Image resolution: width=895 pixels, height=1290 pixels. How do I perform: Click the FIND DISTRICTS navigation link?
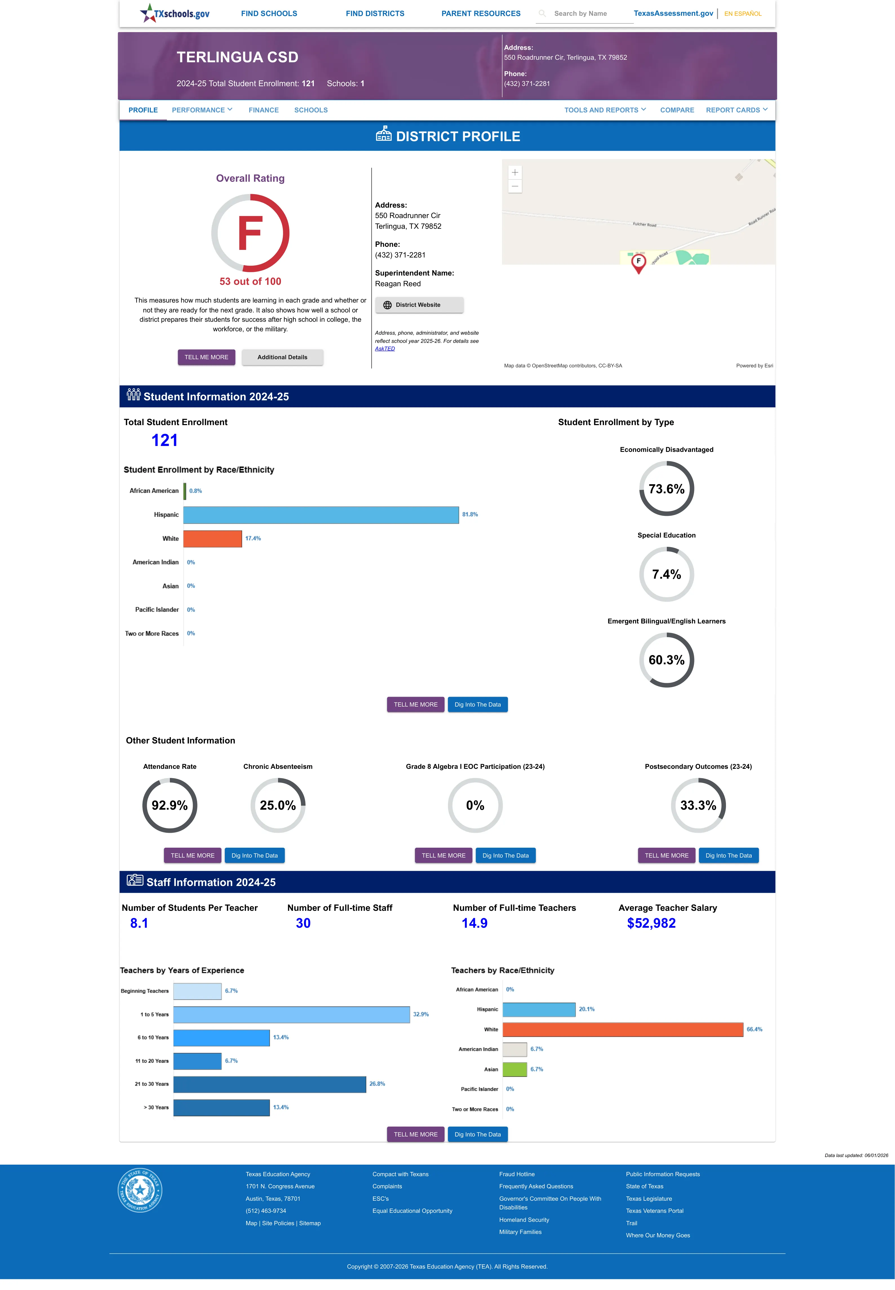pos(375,14)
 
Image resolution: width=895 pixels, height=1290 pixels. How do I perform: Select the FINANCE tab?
pos(264,110)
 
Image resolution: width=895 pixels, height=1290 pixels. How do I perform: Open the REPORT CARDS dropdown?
pos(736,110)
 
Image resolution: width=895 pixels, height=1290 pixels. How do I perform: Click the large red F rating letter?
pos(250,233)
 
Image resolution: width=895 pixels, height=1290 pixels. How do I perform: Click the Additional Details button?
pos(282,357)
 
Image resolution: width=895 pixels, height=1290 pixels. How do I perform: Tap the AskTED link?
pos(385,349)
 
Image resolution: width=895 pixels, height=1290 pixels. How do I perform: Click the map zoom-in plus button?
pos(515,172)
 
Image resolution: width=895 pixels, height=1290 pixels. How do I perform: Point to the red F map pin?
pos(638,263)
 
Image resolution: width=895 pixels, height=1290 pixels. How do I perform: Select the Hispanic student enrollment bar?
pos(321,515)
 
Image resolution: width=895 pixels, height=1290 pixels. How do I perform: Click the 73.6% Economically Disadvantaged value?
pos(666,489)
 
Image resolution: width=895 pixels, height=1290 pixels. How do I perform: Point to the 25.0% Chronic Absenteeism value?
pos(277,805)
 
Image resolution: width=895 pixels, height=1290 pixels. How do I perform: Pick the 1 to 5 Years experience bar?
pos(292,1014)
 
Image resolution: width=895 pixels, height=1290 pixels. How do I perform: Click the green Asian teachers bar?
pos(515,1069)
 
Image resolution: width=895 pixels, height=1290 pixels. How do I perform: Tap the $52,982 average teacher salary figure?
pos(651,923)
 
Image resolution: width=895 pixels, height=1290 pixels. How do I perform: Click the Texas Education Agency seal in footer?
pos(140,1190)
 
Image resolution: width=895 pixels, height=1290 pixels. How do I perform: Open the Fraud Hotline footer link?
pos(516,1174)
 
